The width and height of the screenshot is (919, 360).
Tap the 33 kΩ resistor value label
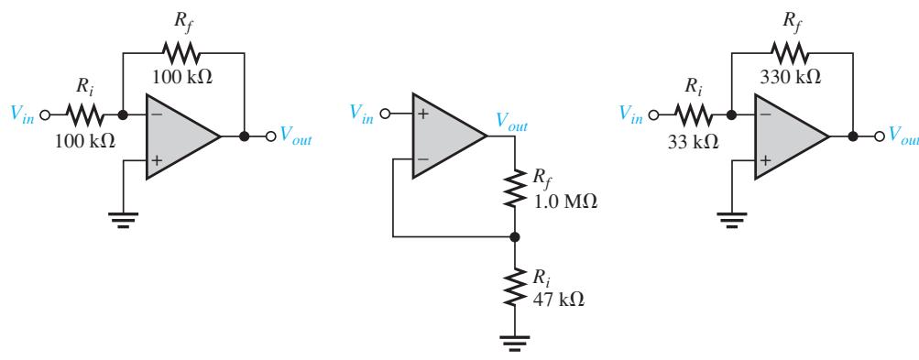click(693, 143)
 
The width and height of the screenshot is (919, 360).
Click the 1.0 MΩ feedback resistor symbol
click(515, 188)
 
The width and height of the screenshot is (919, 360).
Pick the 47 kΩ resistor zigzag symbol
click(515, 286)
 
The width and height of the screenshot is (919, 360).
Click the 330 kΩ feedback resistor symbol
click(791, 53)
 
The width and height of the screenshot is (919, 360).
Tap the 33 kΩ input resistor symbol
click(694, 115)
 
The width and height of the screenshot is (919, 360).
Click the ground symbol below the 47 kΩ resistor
click(515, 343)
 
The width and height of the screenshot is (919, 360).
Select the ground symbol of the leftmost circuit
click(123, 219)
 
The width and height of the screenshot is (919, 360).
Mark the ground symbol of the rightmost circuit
click(731, 219)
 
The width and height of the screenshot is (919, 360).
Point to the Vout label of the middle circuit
click(511, 122)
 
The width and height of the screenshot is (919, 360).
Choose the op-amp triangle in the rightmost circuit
click(792, 136)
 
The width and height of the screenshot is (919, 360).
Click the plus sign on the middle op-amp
click(422, 114)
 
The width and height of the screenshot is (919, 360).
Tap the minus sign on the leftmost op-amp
click(156, 115)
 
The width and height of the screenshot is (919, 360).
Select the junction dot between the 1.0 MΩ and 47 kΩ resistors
click(515, 237)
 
